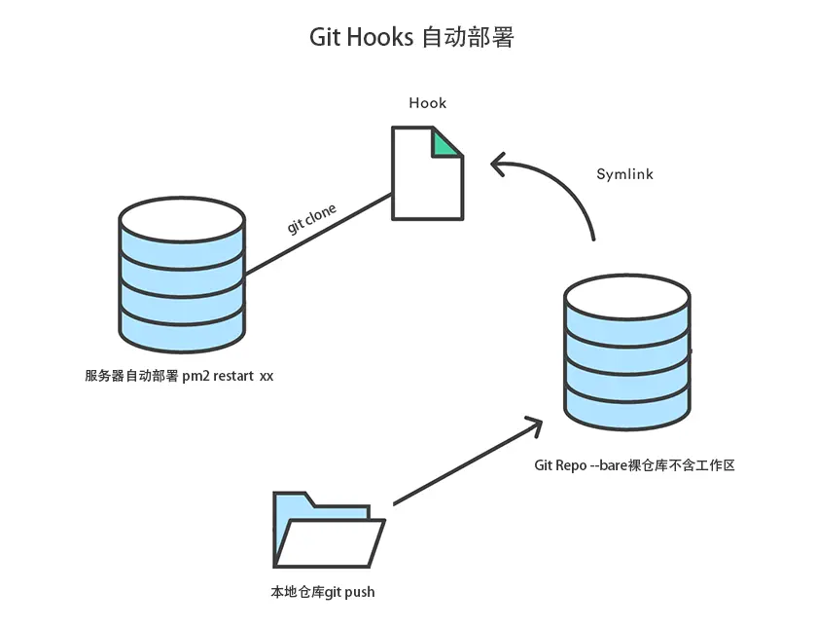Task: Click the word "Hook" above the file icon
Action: pyautogui.click(x=427, y=102)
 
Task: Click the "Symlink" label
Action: pyautogui.click(x=624, y=174)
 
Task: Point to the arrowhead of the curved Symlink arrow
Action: pyautogui.click(x=497, y=166)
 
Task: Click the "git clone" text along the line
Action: pyautogui.click(x=311, y=220)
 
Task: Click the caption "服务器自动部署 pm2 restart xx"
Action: pyautogui.click(x=179, y=376)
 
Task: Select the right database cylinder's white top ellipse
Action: pyautogui.click(x=627, y=296)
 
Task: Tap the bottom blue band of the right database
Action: pyautogui.click(x=627, y=411)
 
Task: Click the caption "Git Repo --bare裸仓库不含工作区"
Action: pyautogui.click(x=634, y=464)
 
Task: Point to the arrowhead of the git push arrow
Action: pyautogui.click(x=533, y=425)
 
